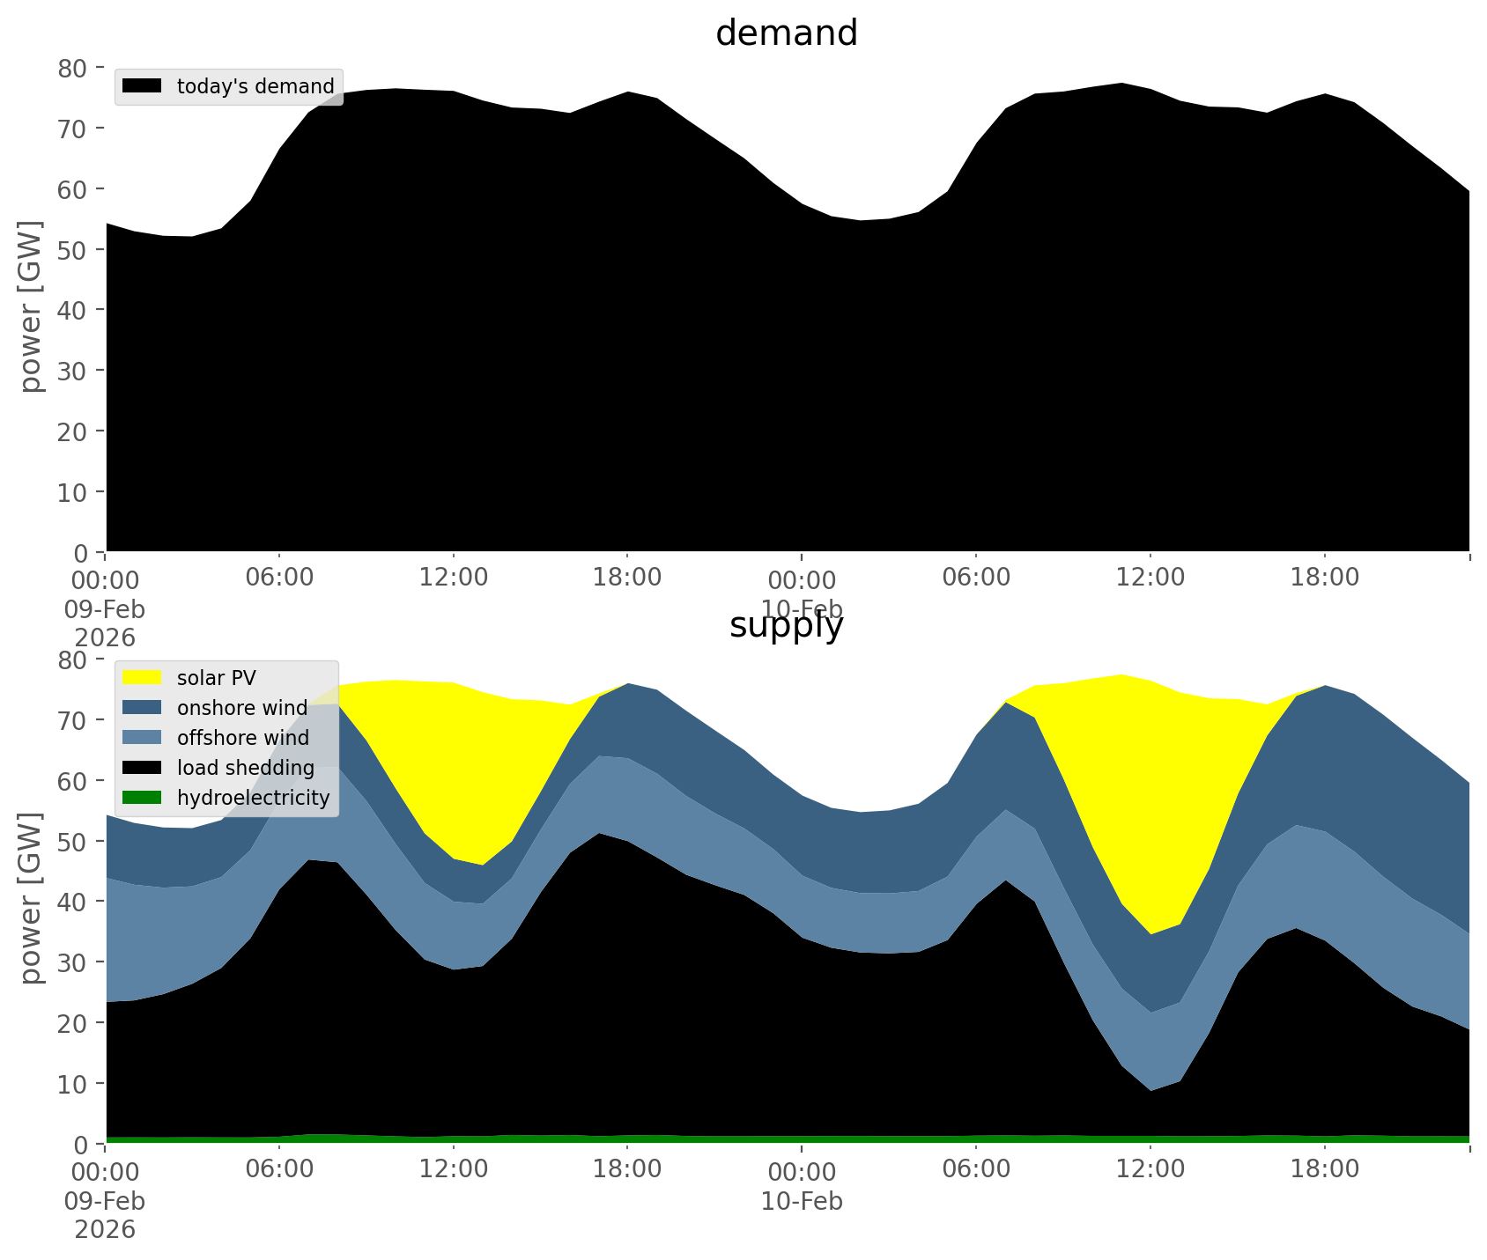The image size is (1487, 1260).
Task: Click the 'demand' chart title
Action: pyautogui.click(x=787, y=33)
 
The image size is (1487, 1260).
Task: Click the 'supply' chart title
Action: pyautogui.click(x=787, y=625)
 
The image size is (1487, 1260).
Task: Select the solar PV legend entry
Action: pyautogui.click(x=216, y=678)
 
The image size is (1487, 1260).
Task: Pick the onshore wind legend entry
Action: pyautogui.click(x=241, y=708)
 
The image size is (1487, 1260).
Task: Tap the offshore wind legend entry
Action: pyautogui.click(x=242, y=738)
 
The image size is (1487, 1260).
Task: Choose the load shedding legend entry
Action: pyautogui.click(x=245, y=768)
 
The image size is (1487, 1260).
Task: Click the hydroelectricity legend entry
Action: pyautogui.click(x=253, y=798)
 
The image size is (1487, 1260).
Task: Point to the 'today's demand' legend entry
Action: pyautogui.click(x=255, y=86)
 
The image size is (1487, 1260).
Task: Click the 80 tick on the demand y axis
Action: pyautogui.click(x=76, y=68)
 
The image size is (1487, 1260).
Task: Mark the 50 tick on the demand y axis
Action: pyautogui.click(x=76, y=249)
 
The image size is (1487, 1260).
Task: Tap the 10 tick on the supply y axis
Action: pyautogui.click(x=76, y=1083)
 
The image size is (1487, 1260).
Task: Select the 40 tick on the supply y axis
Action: pyautogui.click(x=76, y=902)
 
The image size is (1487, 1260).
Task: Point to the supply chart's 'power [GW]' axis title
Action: pyautogui.click(x=31, y=898)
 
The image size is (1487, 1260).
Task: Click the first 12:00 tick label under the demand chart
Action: pyautogui.click(x=453, y=578)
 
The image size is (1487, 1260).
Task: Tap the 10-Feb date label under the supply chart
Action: pyautogui.click(x=802, y=1202)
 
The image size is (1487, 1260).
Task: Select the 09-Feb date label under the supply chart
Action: pyautogui.click(x=105, y=1202)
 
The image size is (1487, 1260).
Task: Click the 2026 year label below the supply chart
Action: pyautogui.click(x=105, y=1230)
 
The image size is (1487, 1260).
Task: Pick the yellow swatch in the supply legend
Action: pyautogui.click(x=142, y=678)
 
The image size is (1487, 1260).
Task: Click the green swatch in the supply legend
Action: pyautogui.click(x=142, y=798)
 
